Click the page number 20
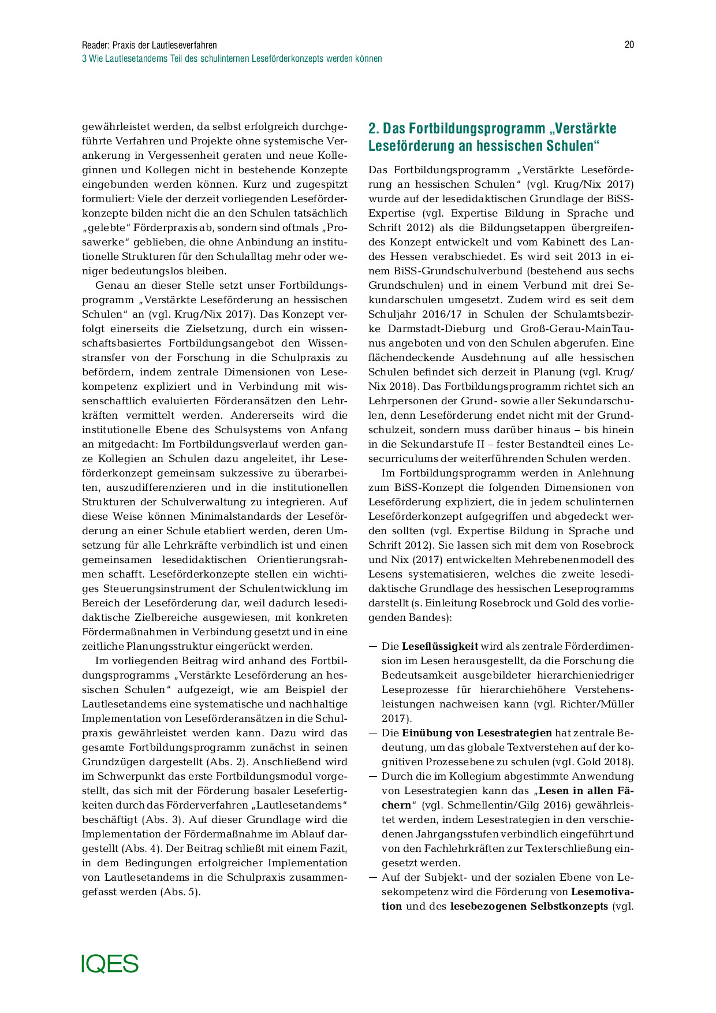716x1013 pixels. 629,45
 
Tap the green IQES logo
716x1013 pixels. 110,963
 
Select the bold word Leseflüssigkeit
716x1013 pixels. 439,646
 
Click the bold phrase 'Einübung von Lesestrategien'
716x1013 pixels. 476,733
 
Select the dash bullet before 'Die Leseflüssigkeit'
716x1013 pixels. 372,646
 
